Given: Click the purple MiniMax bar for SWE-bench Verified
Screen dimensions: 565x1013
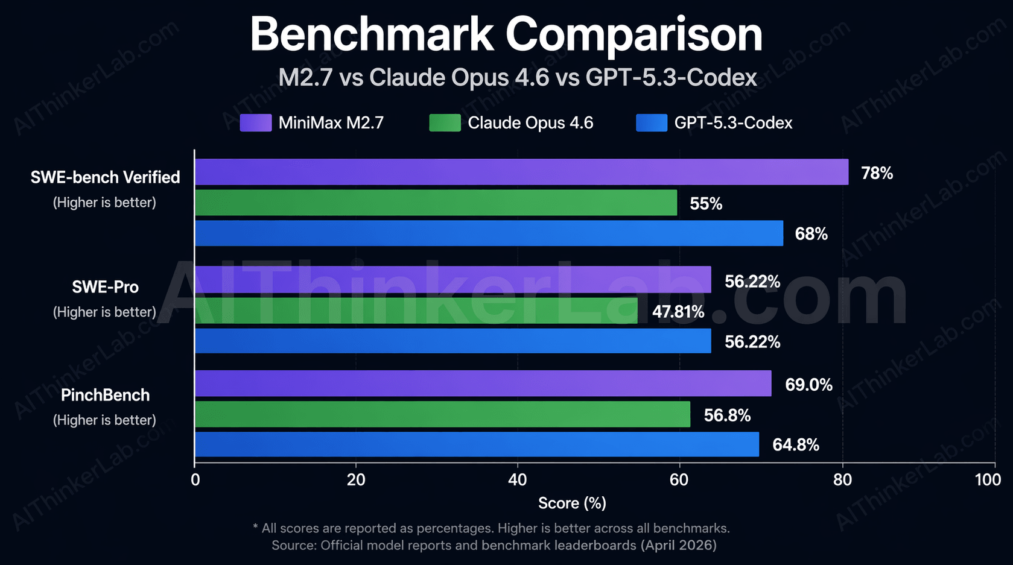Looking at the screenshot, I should click(x=521, y=172).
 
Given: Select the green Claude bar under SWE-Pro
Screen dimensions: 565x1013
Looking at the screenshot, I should click(x=416, y=311).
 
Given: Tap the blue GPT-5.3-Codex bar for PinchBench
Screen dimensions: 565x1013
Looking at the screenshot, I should click(x=477, y=444).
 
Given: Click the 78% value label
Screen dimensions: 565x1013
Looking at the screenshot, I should click(x=877, y=173).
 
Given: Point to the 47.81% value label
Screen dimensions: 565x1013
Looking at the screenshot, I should click(x=678, y=312).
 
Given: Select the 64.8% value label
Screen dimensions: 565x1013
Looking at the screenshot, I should click(x=795, y=445).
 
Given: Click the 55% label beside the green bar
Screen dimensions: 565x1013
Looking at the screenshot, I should click(x=706, y=204).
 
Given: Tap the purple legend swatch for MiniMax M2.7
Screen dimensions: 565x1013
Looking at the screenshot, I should click(x=255, y=123).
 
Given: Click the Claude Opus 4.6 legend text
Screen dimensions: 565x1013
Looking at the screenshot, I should click(x=530, y=123).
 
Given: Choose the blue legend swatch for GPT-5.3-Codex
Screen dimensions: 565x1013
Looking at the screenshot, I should click(x=652, y=123).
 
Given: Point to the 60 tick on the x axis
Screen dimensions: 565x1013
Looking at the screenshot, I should click(x=679, y=480).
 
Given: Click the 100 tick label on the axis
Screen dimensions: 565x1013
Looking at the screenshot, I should click(x=988, y=480).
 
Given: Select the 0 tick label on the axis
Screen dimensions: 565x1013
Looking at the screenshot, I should click(x=195, y=480).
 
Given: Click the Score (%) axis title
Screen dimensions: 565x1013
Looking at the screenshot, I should click(x=572, y=503).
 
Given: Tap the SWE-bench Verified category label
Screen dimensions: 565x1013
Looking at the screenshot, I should click(x=105, y=177).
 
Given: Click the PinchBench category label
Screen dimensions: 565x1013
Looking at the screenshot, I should click(x=105, y=395).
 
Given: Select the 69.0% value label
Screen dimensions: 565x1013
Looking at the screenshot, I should click(x=808, y=385).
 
